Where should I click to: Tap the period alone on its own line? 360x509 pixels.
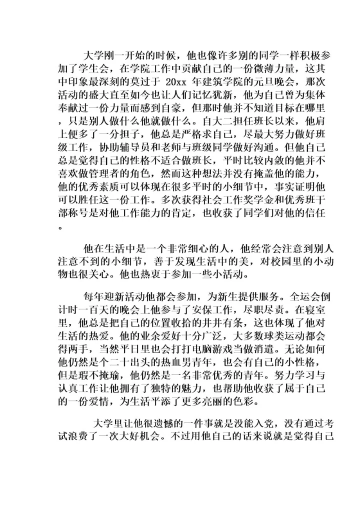pyautogui.click(x=61, y=226)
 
